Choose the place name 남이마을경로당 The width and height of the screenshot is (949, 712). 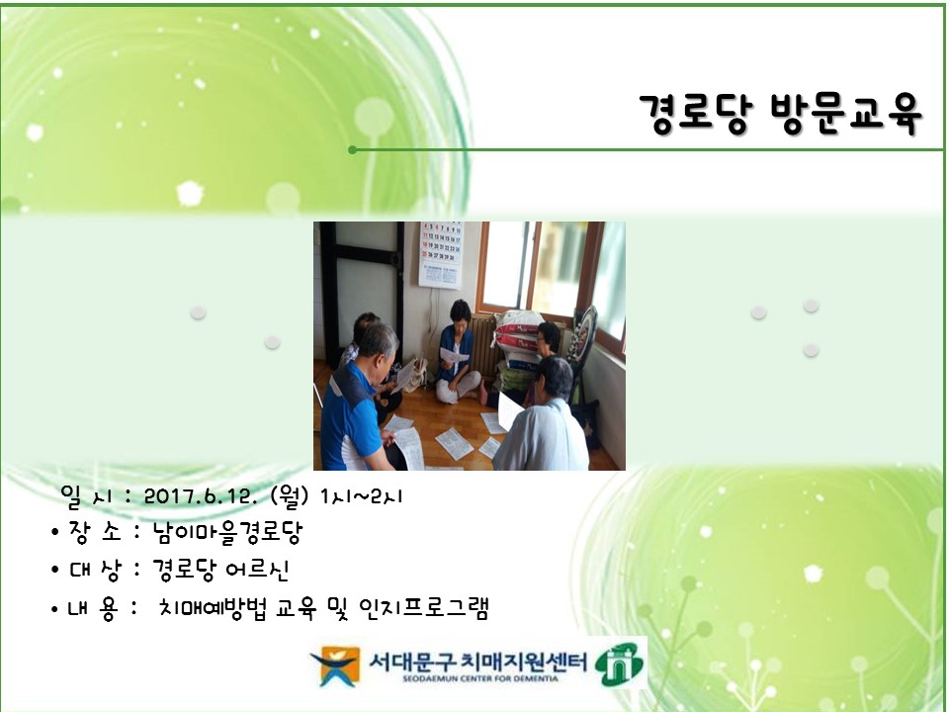pos(227,534)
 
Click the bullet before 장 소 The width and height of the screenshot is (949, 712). pos(55,535)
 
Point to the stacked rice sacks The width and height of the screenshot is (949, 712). pos(518,341)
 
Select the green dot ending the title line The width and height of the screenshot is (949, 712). pos(353,150)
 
